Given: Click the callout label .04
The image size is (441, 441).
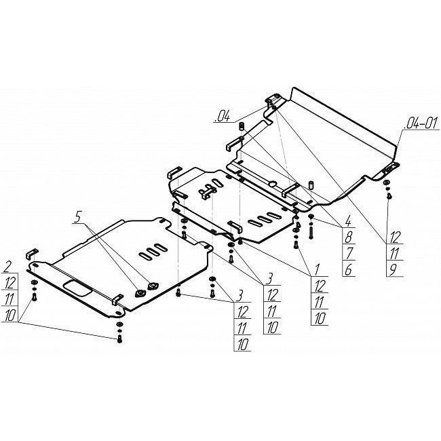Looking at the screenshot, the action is pyautogui.click(x=222, y=117).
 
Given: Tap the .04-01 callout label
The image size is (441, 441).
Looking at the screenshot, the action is pyautogui.click(x=421, y=123).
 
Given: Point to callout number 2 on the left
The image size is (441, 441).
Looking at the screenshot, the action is pyautogui.click(x=6, y=267).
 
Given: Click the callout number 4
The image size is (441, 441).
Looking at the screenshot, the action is pyautogui.click(x=348, y=221).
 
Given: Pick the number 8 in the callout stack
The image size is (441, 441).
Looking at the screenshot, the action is pyautogui.click(x=349, y=237).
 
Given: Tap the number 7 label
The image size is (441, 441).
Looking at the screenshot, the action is pyautogui.click(x=349, y=253).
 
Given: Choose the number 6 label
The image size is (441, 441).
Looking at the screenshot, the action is pyautogui.click(x=349, y=269).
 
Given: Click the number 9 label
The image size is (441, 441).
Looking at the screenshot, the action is pyautogui.click(x=394, y=269).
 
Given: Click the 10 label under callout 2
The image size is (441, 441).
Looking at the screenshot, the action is pyautogui.click(x=10, y=315).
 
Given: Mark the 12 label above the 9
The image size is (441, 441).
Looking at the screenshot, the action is pyautogui.click(x=395, y=237).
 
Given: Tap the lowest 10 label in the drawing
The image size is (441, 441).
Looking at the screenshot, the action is pyautogui.click(x=242, y=344).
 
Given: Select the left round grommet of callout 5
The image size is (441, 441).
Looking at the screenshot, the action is pyautogui.click(x=140, y=293).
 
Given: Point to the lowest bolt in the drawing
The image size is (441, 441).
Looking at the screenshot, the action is pyautogui.click(x=119, y=339).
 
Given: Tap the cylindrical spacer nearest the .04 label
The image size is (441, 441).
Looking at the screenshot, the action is pyautogui.click(x=241, y=126).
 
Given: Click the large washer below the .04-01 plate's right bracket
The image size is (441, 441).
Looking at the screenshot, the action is pyautogui.click(x=387, y=183).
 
